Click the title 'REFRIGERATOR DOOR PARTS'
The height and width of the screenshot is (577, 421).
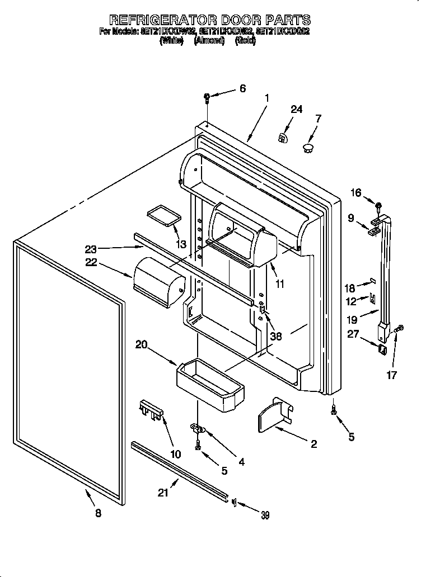(x=210, y=21)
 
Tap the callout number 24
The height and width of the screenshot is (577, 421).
(x=296, y=110)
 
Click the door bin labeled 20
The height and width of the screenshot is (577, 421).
(x=210, y=383)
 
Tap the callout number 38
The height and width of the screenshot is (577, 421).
(x=275, y=337)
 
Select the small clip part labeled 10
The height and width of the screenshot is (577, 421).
(x=151, y=410)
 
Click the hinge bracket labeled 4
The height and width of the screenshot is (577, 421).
(x=198, y=429)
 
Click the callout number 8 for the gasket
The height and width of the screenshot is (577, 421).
(x=99, y=514)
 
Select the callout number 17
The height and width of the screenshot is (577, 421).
(x=392, y=375)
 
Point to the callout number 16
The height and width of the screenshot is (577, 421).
(x=356, y=193)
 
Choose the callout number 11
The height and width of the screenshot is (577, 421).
(x=280, y=284)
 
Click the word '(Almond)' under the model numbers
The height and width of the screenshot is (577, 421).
(x=209, y=41)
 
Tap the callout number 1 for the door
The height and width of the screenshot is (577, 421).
(x=266, y=98)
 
